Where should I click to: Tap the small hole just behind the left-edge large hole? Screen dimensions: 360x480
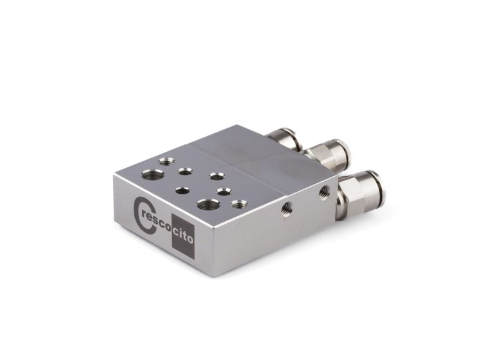coord(166,161)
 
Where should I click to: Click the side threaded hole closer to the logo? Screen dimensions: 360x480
coord(287,208)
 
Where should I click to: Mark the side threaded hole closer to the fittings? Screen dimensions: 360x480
coord(323,191)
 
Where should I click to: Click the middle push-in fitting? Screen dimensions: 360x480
coord(328,152)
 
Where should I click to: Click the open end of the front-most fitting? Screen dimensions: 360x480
coord(379,187)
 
